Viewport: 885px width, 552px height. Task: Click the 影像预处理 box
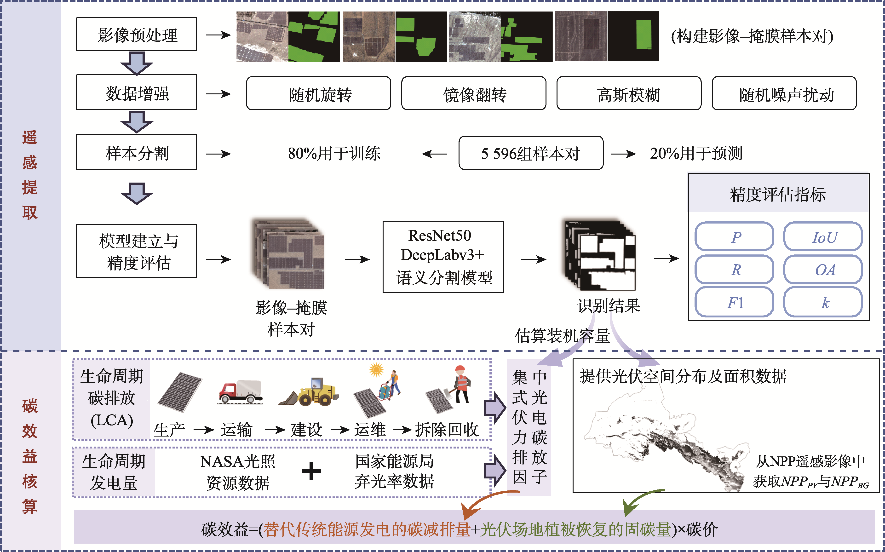pyautogui.click(x=137, y=34)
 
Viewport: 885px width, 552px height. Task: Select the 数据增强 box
pyautogui.click(x=137, y=92)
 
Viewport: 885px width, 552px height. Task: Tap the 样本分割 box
pyautogui.click(x=137, y=152)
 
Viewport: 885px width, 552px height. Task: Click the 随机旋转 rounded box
pyautogui.click(x=318, y=93)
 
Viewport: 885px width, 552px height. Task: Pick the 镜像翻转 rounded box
pyautogui.click(x=474, y=93)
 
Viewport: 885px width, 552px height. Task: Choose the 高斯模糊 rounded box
pyautogui.click(x=628, y=93)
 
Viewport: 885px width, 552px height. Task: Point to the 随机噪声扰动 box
pyautogui.click(x=784, y=93)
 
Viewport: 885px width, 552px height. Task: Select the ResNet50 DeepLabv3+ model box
pyautogui.click(x=443, y=257)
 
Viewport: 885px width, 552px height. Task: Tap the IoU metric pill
pyautogui.click(x=823, y=236)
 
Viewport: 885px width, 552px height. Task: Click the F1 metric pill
pyautogui.click(x=734, y=302)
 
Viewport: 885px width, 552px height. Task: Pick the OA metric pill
pyautogui.click(x=823, y=270)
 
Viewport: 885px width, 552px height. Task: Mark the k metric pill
pyautogui.click(x=823, y=302)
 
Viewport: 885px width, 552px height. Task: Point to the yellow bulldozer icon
pyautogui.click(x=310, y=392)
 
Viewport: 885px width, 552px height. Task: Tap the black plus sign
pyautogui.click(x=311, y=471)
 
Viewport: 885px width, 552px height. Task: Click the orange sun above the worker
pyautogui.click(x=376, y=370)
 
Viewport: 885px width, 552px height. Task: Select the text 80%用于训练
pyautogui.click(x=334, y=153)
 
